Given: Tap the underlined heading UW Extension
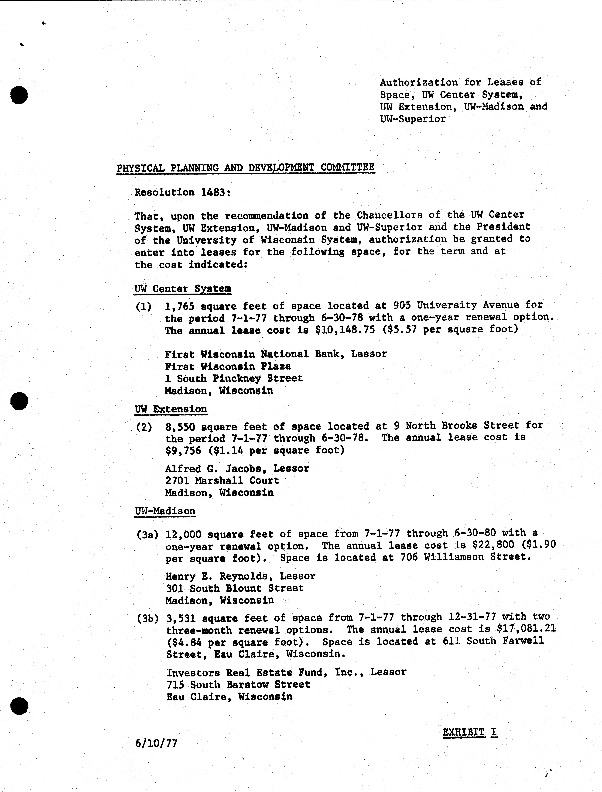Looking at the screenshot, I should tap(171, 409).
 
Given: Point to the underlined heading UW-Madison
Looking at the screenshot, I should tap(165, 511).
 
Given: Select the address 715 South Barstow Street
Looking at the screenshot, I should tap(238, 685).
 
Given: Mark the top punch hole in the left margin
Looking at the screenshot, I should tap(19, 95).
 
